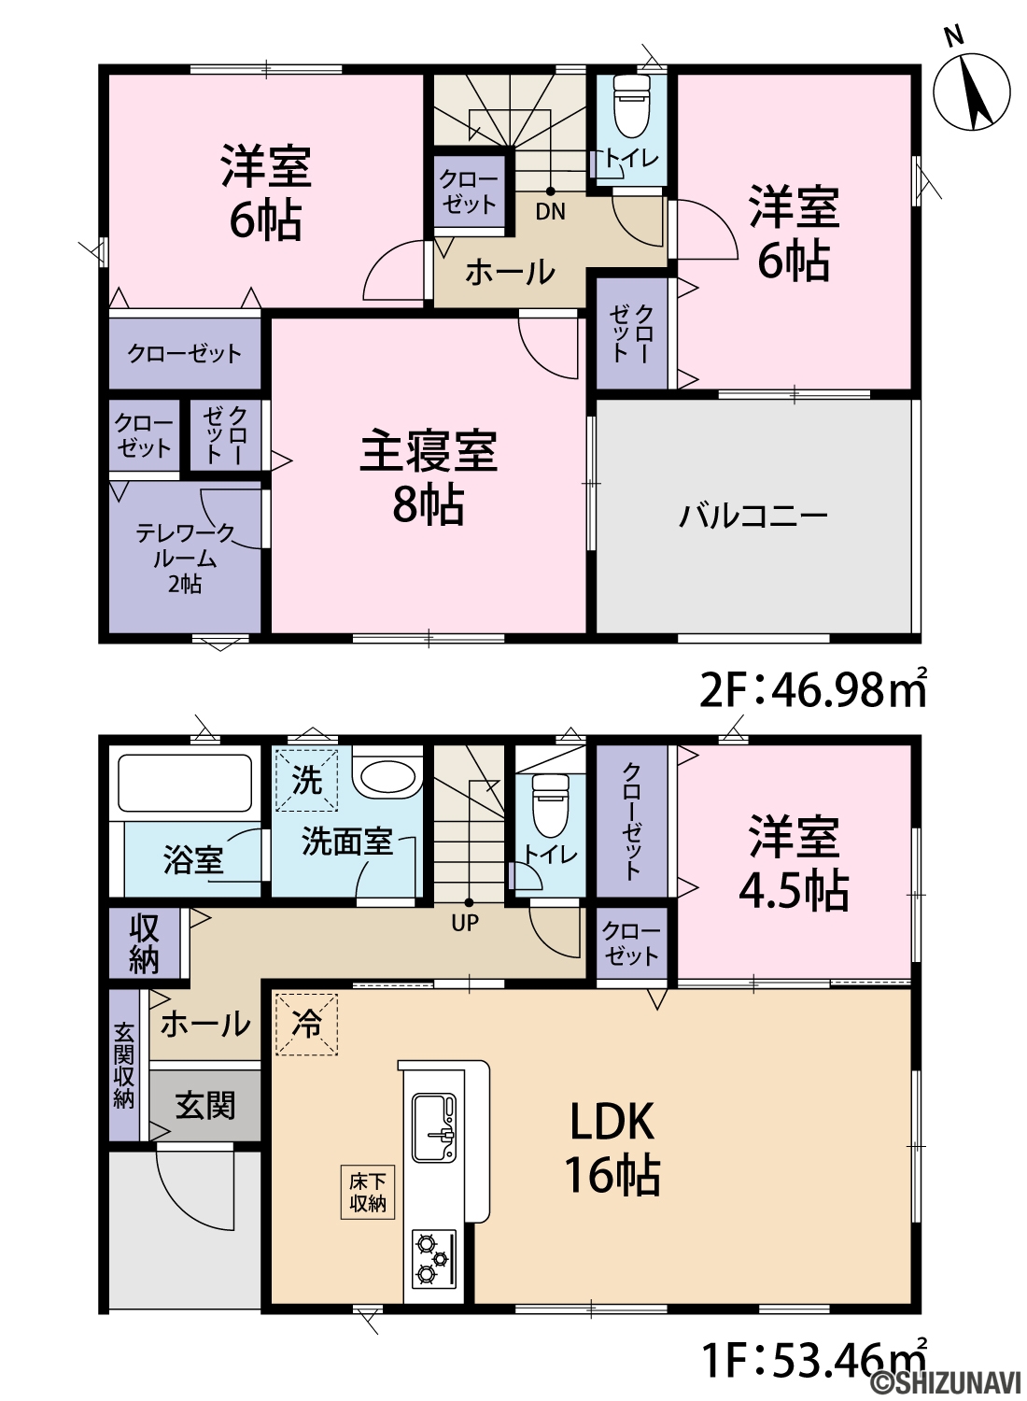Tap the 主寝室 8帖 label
(429, 477)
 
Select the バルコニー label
(753, 517)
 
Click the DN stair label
(550, 212)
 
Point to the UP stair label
(465, 923)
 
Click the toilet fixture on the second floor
(632, 106)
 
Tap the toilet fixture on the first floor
(551, 805)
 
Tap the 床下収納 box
(368, 1193)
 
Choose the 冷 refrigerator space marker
(306, 1026)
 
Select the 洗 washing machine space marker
(307, 781)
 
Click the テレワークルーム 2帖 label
(185, 559)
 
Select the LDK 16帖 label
(612, 1148)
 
